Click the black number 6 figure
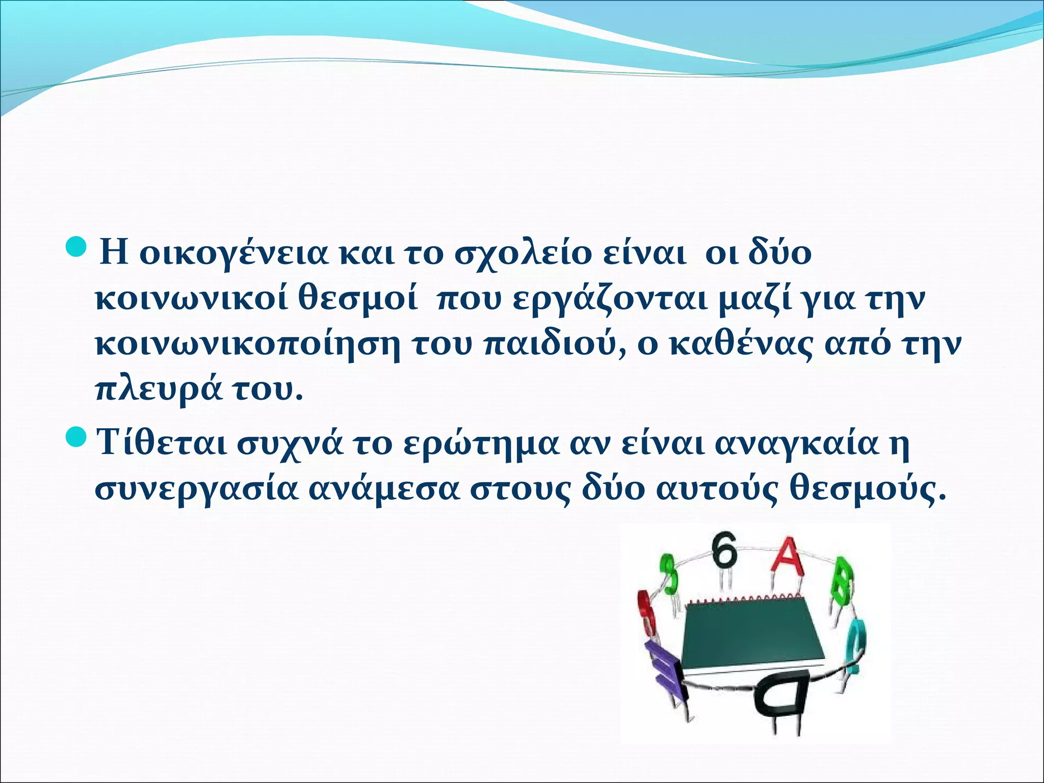coord(725,551)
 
